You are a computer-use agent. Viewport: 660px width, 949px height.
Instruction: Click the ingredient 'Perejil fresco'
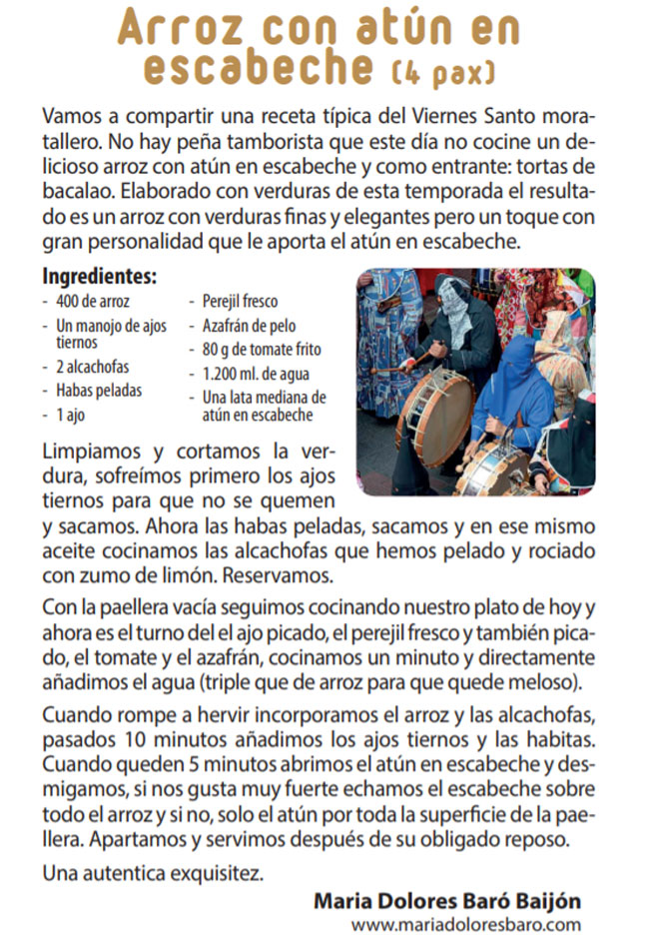pyautogui.click(x=240, y=301)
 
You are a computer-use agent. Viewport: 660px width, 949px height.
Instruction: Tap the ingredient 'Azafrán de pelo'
pyautogui.click(x=248, y=325)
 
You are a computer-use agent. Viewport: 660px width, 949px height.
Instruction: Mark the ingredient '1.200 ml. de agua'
pyautogui.click(x=253, y=374)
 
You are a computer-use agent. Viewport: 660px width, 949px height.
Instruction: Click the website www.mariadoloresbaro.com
pyautogui.click(x=465, y=925)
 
